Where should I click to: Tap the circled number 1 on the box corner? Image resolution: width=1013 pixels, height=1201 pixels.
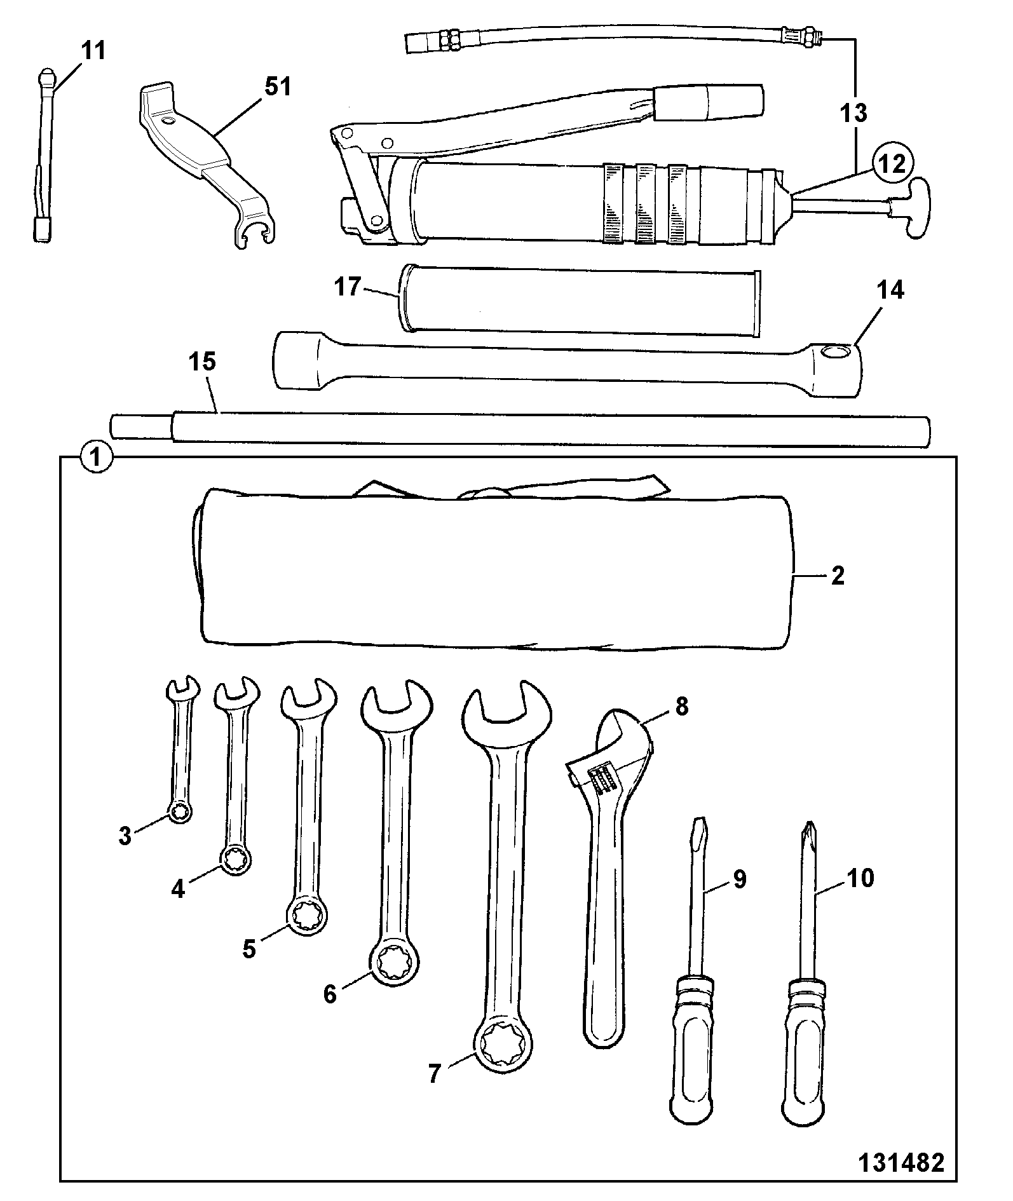[96, 456]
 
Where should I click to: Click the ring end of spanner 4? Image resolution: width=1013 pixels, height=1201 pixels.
[235, 861]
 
